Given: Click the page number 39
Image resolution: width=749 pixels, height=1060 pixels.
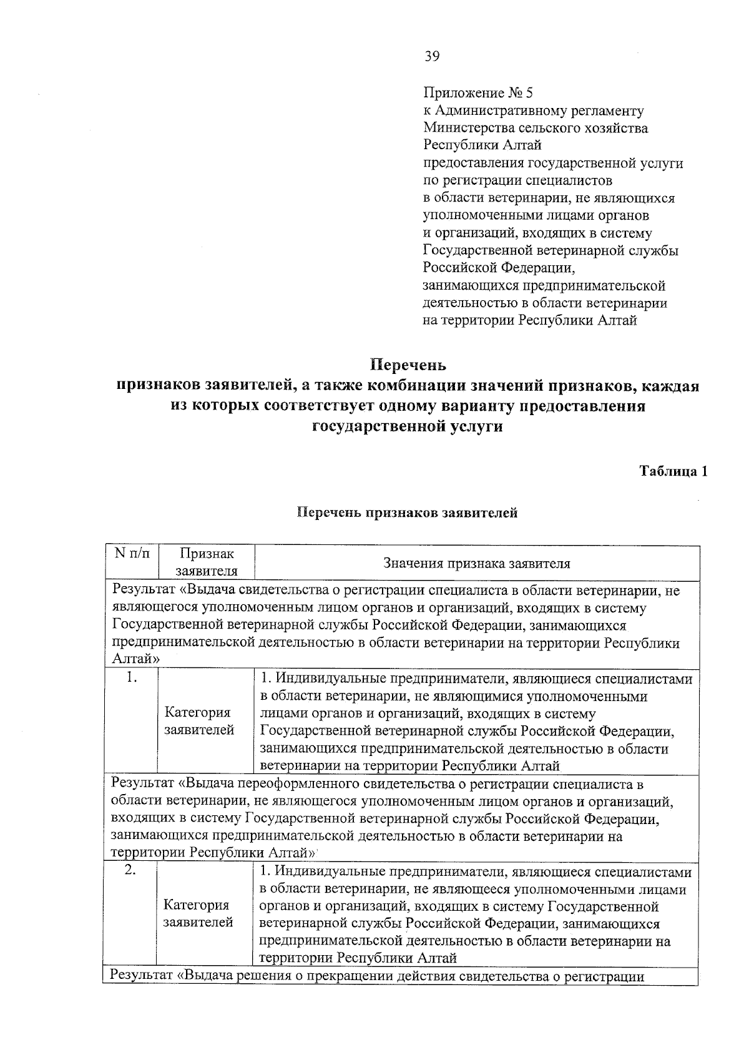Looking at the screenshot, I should coord(432,57).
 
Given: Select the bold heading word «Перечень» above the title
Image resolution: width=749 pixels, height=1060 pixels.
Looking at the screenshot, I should coord(408,363).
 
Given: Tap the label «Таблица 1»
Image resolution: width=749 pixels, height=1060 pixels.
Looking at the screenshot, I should coord(673,471).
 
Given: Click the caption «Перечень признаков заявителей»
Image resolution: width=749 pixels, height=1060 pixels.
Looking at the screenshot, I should coord(407,513).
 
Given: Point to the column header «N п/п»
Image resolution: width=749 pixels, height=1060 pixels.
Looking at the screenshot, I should coord(132,554).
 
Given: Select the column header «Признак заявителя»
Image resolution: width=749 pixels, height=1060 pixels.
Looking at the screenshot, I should coord(207,562).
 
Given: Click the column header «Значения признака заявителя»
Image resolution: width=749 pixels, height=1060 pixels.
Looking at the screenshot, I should coord(477,563).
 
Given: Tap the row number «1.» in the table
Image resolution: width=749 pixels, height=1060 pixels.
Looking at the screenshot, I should coord(131,678).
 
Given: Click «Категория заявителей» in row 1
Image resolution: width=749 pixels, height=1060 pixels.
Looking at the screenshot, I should coord(198,721).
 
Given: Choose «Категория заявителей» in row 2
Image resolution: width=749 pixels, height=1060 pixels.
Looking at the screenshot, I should coord(198,913).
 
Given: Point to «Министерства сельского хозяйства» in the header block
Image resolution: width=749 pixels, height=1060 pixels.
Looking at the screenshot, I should coord(536,129).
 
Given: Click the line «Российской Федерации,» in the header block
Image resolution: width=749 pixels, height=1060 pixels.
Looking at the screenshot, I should coord(498,268).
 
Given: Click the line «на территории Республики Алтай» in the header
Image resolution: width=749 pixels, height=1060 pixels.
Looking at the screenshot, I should coord(530,321).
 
